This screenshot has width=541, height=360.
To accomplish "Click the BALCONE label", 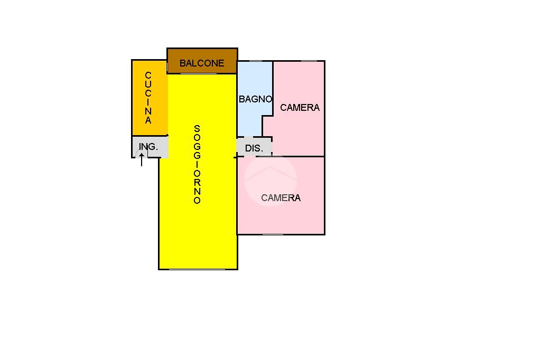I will pyautogui.click(x=202, y=63).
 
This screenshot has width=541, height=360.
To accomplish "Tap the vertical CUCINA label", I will pyautogui.click(x=148, y=98).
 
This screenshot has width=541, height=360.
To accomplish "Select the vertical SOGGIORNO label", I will pyautogui.click(x=197, y=164).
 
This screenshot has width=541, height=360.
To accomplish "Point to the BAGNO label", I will pyautogui.click(x=255, y=99).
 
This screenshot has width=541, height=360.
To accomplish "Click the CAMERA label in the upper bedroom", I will pyautogui.click(x=300, y=107).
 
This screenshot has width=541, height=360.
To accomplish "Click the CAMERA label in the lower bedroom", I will pyautogui.click(x=281, y=198).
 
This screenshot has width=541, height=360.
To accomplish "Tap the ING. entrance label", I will pyautogui.click(x=148, y=147).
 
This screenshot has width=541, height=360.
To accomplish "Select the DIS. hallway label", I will pyautogui.click(x=254, y=148).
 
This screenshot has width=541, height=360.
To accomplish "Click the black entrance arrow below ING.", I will pyautogui.click(x=142, y=160).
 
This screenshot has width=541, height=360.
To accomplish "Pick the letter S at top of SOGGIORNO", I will pyautogui.click(x=197, y=128).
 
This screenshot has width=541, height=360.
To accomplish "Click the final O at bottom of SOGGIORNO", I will pyautogui.click(x=197, y=201).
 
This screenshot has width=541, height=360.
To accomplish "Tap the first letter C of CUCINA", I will pyautogui.click(x=148, y=75).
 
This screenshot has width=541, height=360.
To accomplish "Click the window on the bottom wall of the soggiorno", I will pyautogui.click(x=197, y=269).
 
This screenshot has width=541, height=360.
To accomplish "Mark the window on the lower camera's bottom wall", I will pyautogui.click(x=273, y=234).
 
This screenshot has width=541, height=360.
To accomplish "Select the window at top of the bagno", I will pyautogui.click(x=256, y=61).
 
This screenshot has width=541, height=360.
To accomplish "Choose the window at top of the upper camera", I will pyautogui.click(x=309, y=61).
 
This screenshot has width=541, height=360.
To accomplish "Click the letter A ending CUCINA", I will pyautogui.click(x=148, y=120).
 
